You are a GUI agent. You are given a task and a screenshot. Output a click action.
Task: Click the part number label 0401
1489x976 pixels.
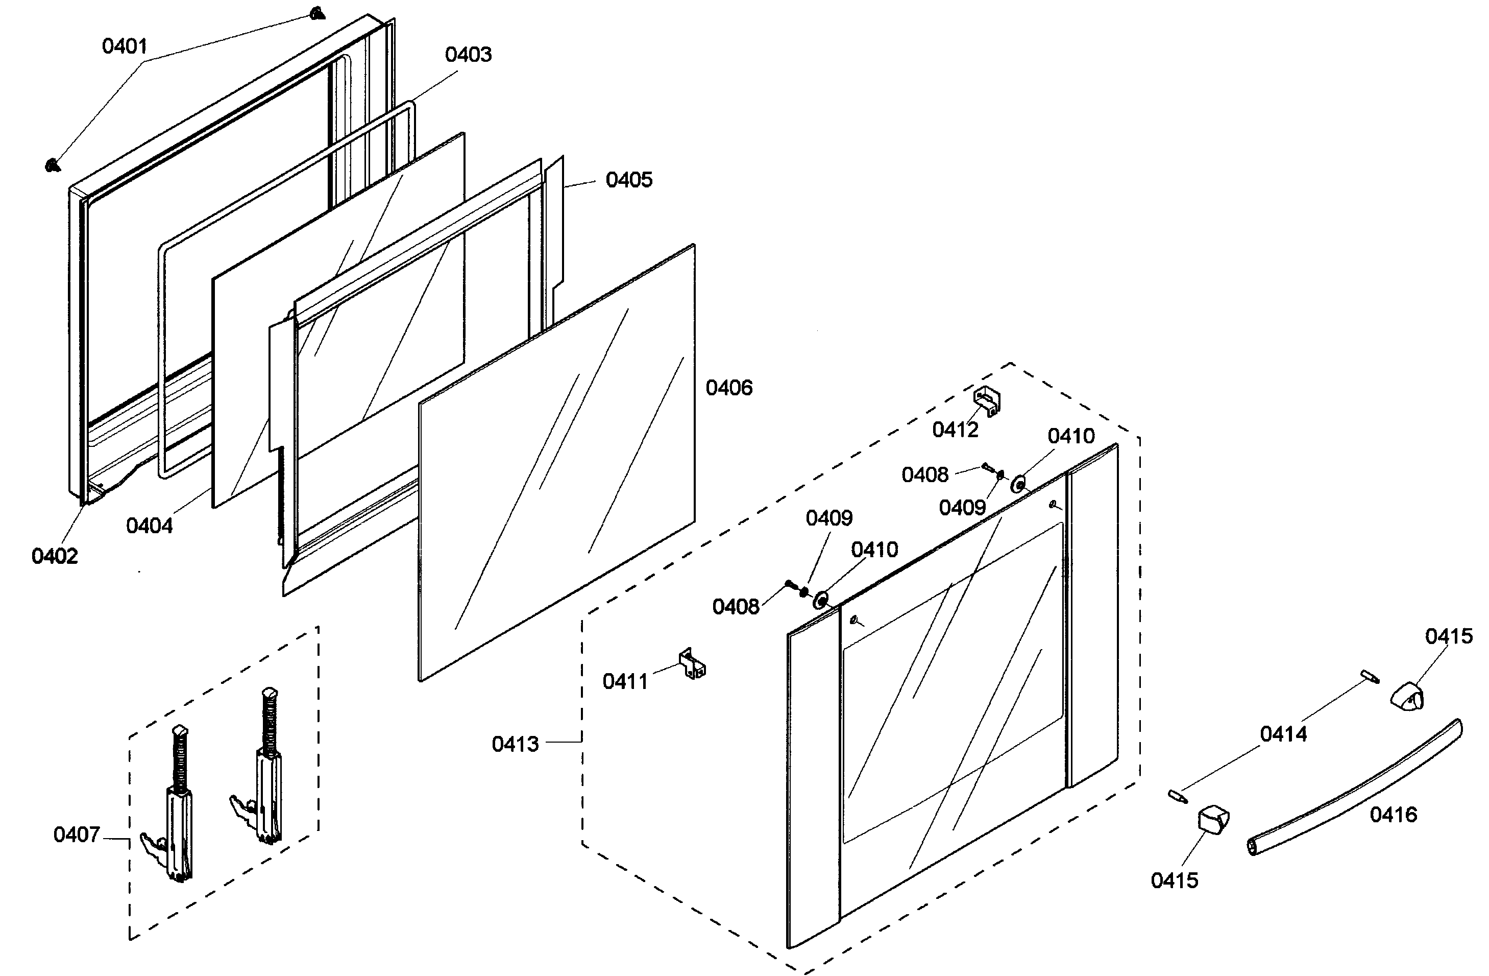click(x=125, y=46)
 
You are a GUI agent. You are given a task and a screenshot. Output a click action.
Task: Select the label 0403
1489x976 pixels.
click(x=468, y=55)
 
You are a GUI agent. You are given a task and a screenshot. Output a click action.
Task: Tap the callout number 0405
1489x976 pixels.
click(x=629, y=180)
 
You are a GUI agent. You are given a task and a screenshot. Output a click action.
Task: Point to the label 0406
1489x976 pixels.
click(x=729, y=388)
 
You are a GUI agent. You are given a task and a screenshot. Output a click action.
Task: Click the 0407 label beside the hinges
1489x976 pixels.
click(x=77, y=835)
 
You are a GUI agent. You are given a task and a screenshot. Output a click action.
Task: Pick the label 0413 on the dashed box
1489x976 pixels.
click(x=515, y=744)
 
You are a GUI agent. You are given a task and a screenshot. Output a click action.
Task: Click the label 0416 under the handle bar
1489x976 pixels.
click(x=1393, y=815)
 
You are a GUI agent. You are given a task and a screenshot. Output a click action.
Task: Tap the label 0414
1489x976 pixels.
click(x=1283, y=734)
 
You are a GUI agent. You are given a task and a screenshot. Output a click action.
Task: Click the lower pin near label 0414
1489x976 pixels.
click(x=1178, y=796)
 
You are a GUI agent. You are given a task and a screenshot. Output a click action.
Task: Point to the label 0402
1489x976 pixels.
click(x=55, y=556)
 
